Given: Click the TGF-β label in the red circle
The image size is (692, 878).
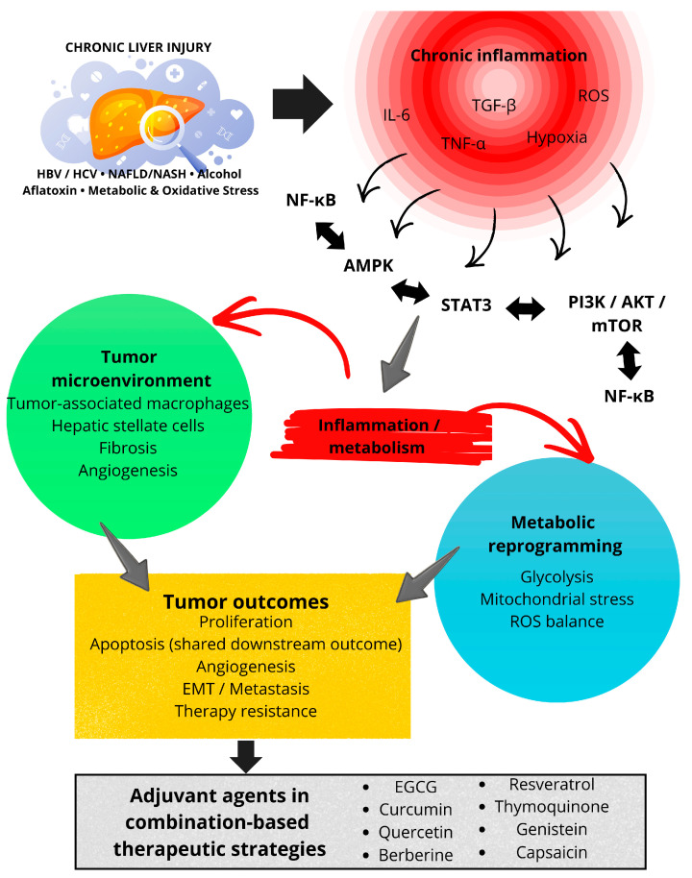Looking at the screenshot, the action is [494, 106].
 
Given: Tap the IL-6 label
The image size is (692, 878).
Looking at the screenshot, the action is [396, 115].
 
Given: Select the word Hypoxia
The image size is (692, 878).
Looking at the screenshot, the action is [556, 137].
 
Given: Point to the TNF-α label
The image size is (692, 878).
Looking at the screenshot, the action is [463, 144].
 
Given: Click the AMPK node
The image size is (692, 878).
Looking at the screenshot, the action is [368, 265].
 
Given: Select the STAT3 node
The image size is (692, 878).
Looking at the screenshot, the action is [465, 305].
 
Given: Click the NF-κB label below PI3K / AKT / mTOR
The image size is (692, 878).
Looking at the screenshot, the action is [629, 397].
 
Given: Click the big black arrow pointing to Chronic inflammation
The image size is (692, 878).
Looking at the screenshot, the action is [303, 104].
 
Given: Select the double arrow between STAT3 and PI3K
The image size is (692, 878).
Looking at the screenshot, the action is [525, 308].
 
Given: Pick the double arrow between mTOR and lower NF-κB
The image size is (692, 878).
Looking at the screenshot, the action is [629, 360].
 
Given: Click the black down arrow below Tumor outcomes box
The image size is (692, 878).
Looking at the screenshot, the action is [246, 757].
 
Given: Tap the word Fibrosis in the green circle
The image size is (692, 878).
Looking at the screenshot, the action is [128, 448].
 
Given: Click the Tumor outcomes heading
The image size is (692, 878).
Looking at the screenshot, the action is [245, 601].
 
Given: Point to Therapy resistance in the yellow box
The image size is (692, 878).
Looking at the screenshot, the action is [245, 711].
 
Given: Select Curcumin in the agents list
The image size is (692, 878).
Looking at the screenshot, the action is [415, 810].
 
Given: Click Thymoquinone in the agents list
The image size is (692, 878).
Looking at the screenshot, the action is [552, 807].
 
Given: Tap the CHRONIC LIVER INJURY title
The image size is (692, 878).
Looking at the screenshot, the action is [138, 48].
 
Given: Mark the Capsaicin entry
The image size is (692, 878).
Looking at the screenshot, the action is [552, 853].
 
